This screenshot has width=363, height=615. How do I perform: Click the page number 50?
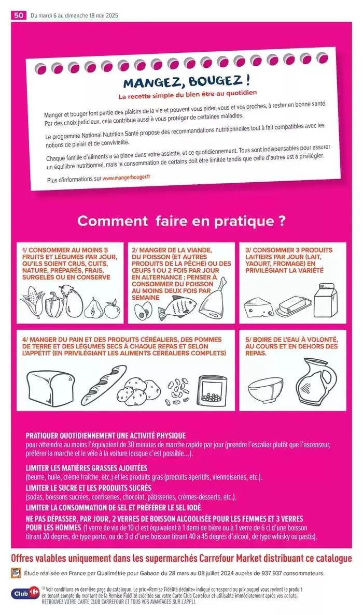pyautogui.click(x=18, y=16)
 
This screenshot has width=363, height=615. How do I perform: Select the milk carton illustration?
pyautogui.click(x=326, y=301)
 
